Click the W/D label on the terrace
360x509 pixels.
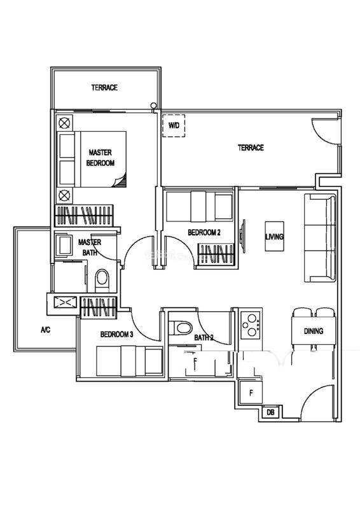[174, 125]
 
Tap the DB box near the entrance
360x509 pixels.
[270, 412]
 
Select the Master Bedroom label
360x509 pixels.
[100, 157]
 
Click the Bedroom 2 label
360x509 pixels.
[204, 232]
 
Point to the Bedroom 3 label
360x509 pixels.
[116, 334]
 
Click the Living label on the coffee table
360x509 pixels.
[274, 236]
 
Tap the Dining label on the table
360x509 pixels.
[314, 331]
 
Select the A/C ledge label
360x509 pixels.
[45, 330]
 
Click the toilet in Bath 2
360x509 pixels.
[181, 327]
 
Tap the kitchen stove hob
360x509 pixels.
[251, 325]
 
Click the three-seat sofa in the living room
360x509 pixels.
[320, 237]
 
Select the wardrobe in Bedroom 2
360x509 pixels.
[216, 254]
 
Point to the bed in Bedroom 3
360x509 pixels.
[130, 361]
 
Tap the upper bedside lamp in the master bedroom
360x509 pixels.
[65, 123]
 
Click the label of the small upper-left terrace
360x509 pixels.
[104, 87]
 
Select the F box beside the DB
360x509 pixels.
[251, 393]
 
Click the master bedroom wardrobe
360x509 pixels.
[85, 216]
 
